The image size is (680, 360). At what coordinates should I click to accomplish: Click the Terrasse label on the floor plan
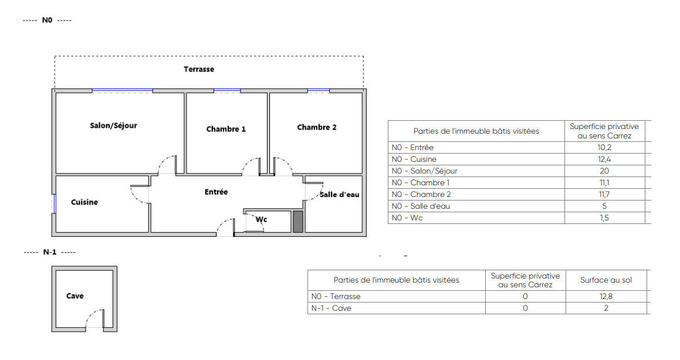point(199,69)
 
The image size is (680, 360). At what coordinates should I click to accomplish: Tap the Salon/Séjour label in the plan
point(113,125)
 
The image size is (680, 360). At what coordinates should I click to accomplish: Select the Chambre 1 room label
point(226,129)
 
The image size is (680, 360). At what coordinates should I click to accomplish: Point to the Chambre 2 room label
point(317,127)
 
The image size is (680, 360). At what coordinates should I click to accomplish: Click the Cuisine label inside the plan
point(84,202)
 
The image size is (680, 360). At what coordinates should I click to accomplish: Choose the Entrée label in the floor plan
point(216,192)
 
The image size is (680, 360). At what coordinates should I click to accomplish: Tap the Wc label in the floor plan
point(261,220)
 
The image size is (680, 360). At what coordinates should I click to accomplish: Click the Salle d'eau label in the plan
point(340,195)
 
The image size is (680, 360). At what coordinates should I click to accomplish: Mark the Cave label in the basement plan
point(75,296)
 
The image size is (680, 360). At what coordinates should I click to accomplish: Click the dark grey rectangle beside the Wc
point(298,222)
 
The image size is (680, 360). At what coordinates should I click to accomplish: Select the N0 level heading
point(47,21)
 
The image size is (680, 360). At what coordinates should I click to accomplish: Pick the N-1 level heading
point(50,252)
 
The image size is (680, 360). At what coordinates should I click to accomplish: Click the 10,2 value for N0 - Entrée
point(604,148)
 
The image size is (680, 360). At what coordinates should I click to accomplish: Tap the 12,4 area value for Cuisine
point(604,159)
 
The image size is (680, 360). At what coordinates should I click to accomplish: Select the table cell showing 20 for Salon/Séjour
point(604,171)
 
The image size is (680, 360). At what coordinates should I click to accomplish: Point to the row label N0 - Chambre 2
point(421,195)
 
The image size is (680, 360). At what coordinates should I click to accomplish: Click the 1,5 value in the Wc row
point(604,218)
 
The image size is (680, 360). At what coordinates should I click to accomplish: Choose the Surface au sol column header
point(606,280)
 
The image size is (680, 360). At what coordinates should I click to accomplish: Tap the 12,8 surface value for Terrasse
point(606,297)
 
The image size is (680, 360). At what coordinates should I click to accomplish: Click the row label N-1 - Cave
point(331,308)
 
